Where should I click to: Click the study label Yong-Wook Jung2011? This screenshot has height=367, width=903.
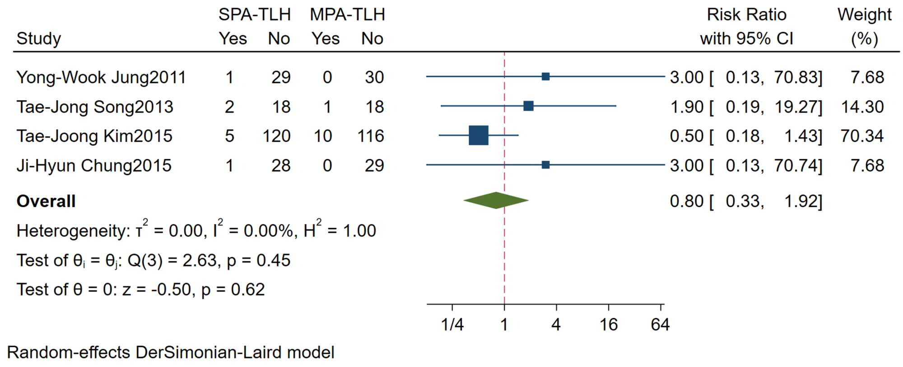(x=101, y=78)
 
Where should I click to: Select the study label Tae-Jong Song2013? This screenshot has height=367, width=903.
(x=95, y=107)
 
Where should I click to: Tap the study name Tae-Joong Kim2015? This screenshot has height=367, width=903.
(x=94, y=136)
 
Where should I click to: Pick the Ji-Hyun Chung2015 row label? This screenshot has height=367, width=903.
(x=94, y=166)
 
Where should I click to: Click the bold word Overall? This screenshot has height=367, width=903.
(x=46, y=201)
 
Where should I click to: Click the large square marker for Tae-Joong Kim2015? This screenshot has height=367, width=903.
(x=479, y=135)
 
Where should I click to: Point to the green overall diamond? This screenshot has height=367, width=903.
(x=496, y=200)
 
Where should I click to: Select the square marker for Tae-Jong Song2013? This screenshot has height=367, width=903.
(x=528, y=106)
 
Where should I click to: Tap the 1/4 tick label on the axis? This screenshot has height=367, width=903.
(x=452, y=325)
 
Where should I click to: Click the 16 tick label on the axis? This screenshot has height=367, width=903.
(x=609, y=325)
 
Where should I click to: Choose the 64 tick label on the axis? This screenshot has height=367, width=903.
(x=660, y=325)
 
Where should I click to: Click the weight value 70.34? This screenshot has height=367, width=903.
(x=862, y=136)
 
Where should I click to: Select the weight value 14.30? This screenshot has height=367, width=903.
(x=862, y=107)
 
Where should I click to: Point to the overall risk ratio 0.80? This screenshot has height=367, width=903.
(x=686, y=201)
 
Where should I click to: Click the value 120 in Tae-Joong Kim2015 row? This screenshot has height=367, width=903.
(x=276, y=136)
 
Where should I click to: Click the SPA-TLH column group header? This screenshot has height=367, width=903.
(x=255, y=15)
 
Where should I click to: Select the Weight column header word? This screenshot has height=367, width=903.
(x=864, y=15)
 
